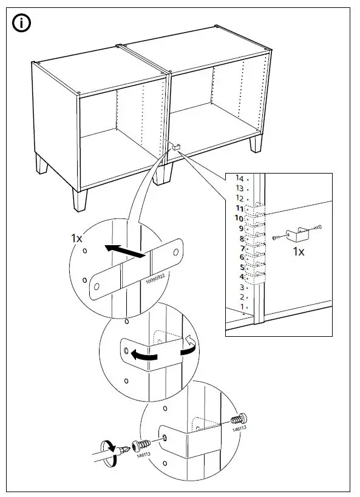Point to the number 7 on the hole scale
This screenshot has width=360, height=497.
coord(241,248)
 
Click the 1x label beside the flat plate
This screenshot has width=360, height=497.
coord(75,238)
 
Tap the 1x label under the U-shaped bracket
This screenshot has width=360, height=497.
coord(299,251)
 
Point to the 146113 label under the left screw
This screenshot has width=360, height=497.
coord(143,453)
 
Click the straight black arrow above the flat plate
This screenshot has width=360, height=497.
coord(125,251)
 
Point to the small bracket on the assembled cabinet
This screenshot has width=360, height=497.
coord(177,146)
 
